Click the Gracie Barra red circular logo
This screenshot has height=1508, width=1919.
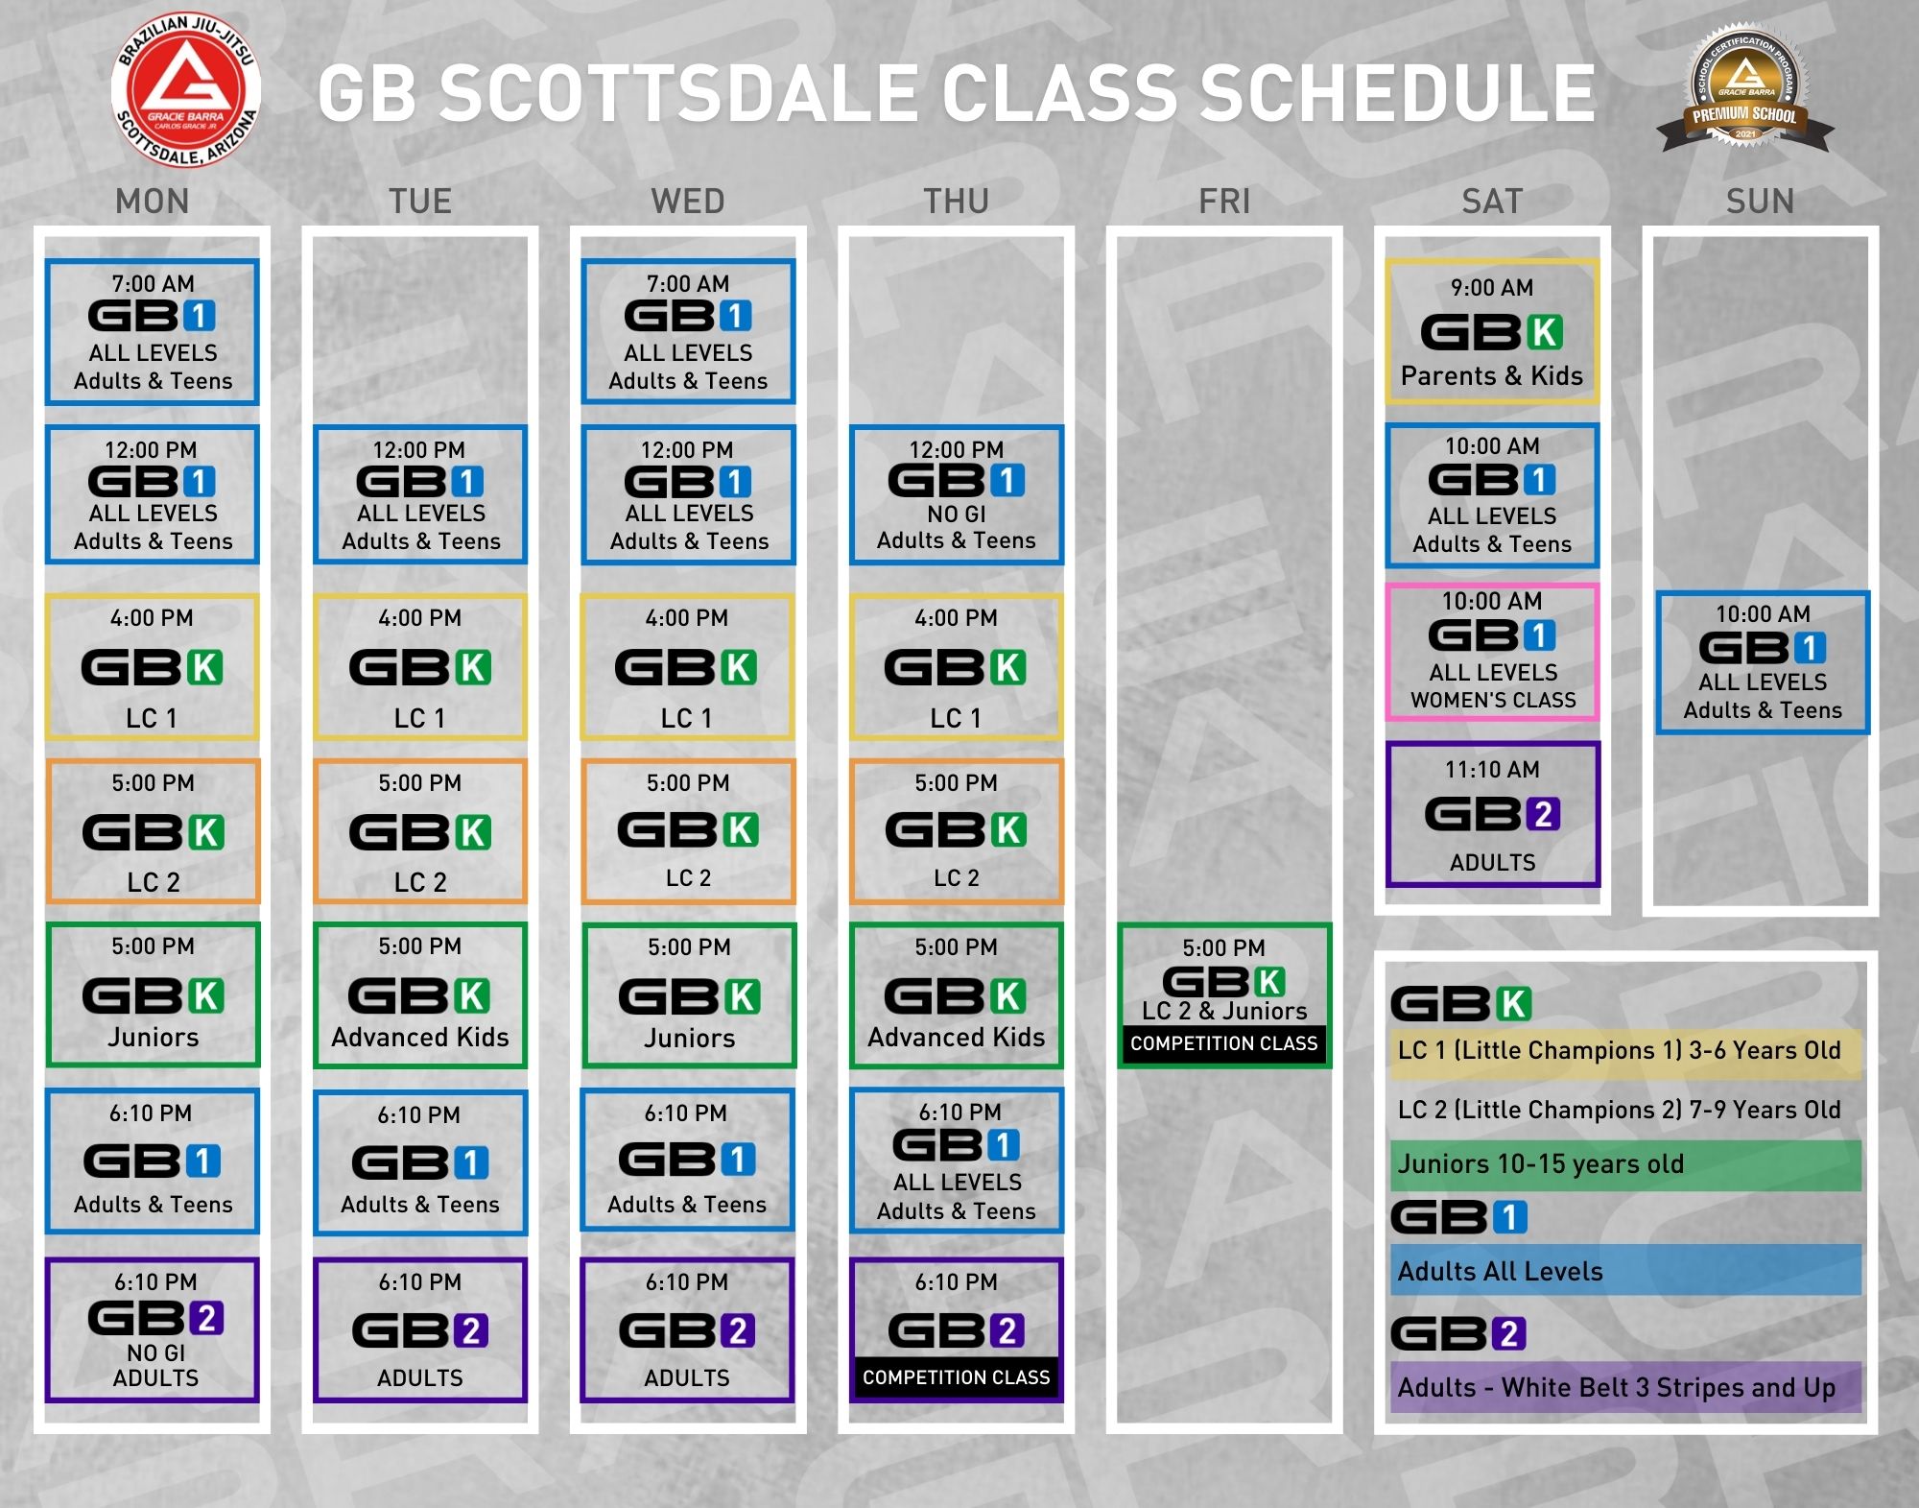click(186, 90)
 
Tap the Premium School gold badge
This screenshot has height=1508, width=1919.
click(1745, 89)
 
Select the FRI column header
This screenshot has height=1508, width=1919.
click(1224, 202)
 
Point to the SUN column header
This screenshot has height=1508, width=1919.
click(1760, 202)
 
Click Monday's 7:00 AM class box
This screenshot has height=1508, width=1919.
click(153, 332)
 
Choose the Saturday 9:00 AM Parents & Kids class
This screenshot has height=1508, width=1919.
click(1492, 331)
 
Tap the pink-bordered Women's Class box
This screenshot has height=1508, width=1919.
click(1492, 653)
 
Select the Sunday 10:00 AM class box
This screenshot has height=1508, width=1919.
click(1763, 663)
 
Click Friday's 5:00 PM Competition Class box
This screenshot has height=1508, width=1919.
click(1224, 995)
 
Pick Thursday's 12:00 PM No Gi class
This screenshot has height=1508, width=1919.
click(957, 495)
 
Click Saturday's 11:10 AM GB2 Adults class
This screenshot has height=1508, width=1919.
click(1492, 814)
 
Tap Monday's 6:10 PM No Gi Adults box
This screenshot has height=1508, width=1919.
click(153, 1330)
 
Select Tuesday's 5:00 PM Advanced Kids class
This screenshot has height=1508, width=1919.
click(420, 995)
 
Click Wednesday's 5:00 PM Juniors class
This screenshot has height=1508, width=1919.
click(688, 995)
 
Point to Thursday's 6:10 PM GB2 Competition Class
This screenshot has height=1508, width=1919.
click(957, 1330)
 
